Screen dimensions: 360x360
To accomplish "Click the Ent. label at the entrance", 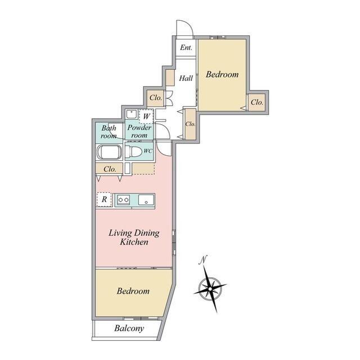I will tap(186, 48).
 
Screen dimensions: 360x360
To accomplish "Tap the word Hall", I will tap(186, 78).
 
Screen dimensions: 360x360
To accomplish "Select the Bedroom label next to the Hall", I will tap(222, 74).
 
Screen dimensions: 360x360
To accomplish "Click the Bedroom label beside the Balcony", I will tap(133, 291).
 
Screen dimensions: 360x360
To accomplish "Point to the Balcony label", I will tap(129, 328).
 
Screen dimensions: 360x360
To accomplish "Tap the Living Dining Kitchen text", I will tap(134, 237).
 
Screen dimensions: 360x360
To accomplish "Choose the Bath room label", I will tap(109, 132).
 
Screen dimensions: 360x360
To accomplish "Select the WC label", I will tap(148, 151).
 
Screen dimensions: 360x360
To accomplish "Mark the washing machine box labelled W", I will tap(146, 117).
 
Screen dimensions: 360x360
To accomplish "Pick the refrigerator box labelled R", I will tap(104, 199).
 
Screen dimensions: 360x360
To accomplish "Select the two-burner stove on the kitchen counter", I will tap(124, 199).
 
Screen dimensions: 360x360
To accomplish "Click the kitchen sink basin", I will tap(146, 199).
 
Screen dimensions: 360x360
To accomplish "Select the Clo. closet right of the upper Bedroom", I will tap(257, 102).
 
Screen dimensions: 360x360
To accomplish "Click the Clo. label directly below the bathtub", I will tap(110, 168).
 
